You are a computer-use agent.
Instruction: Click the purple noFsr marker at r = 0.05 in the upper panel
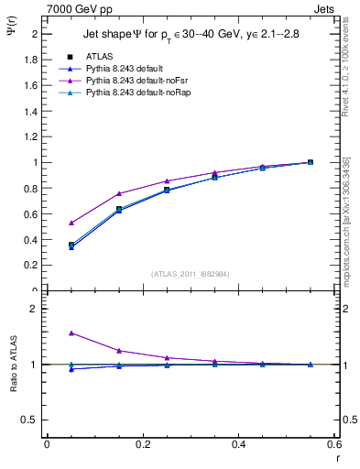pos(71,223)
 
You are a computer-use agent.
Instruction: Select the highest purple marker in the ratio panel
pos(71,333)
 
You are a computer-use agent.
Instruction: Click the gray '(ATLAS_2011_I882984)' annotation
pos(191,274)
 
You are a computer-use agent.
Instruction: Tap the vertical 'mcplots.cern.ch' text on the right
pos(345,229)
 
